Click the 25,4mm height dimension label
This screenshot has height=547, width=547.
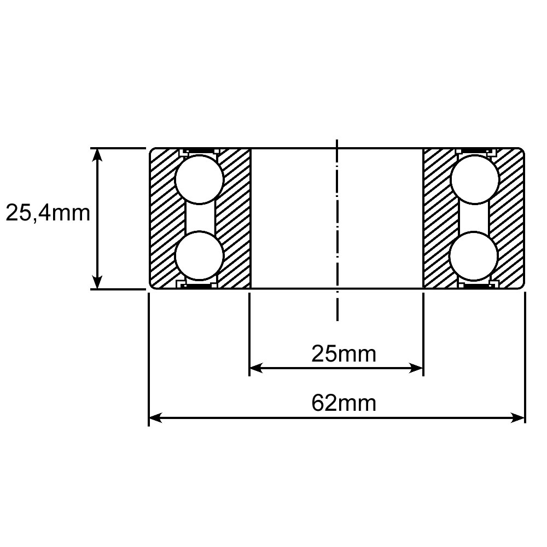[48, 213]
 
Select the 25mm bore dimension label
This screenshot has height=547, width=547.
[344, 354]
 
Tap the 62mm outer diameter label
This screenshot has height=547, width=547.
[344, 403]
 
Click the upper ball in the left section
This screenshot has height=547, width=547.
[199, 179]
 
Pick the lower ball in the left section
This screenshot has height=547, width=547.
[199, 255]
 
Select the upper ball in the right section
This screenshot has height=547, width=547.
[474, 179]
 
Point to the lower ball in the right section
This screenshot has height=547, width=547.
[474, 255]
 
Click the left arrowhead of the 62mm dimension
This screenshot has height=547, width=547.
[155, 417]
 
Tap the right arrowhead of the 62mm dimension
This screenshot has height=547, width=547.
[518, 417]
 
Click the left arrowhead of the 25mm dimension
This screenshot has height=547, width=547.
[256, 368]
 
